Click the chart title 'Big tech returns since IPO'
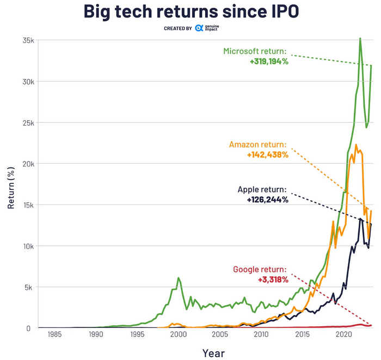click(x=190, y=11)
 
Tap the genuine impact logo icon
click(x=199, y=28)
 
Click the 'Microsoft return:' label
click(x=255, y=51)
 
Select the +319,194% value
click(x=269, y=61)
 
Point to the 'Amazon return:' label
click(x=257, y=145)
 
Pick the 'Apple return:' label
click(x=262, y=190)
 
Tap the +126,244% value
click(x=267, y=200)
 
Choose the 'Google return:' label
click(x=260, y=269)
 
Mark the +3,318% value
click(x=273, y=280)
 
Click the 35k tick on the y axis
click(x=28, y=41)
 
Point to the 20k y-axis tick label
click(x=28, y=164)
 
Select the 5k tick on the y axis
click(x=30, y=287)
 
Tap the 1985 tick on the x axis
click(x=54, y=334)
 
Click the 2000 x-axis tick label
click(x=178, y=334)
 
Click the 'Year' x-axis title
click(x=213, y=353)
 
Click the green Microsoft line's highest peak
click(x=360, y=39)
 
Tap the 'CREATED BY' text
click(x=177, y=28)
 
